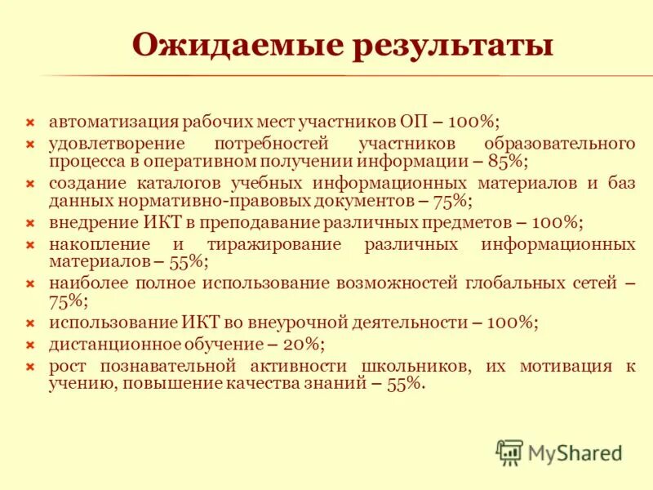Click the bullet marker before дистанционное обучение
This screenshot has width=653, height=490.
(29, 344)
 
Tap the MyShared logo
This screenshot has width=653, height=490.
(559, 452)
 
